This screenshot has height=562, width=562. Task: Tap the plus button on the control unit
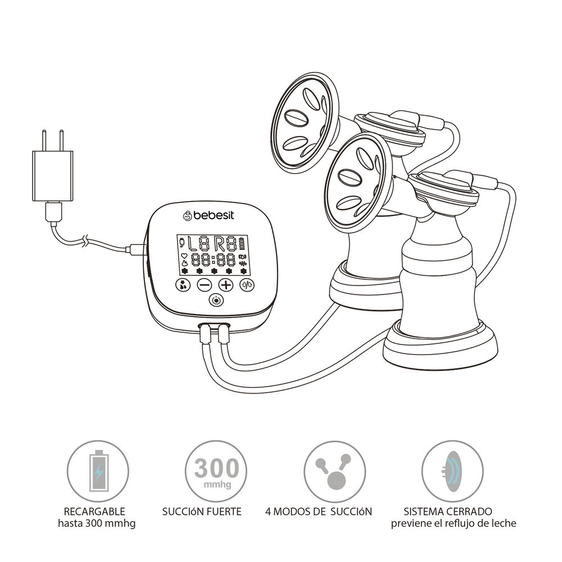(x=225, y=285)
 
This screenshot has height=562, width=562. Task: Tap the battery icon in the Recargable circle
(x=98, y=470)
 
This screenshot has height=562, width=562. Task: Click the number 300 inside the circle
(x=216, y=467)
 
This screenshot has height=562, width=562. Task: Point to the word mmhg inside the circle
(x=216, y=483)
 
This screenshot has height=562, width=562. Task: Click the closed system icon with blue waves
(x=452, y=471)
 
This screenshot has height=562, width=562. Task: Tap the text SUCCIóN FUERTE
(x=202, y=511)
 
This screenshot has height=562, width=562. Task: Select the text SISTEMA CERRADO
(x=448, y=511)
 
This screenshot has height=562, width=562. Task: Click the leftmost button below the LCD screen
(x=183, y=285)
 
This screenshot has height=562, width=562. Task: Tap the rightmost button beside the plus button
(x=247, y=285)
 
